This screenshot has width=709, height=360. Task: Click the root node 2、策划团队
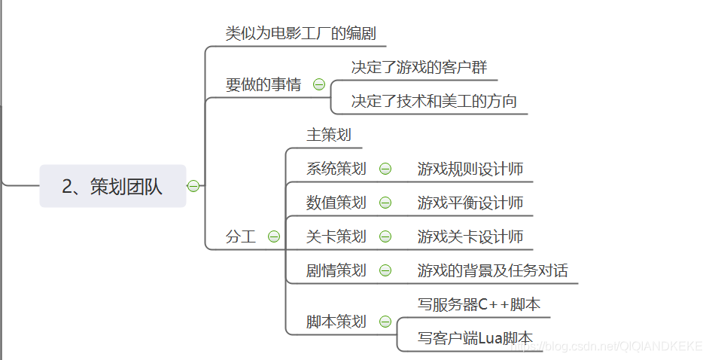point(112,186)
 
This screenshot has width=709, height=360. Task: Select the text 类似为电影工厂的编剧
point(300,34)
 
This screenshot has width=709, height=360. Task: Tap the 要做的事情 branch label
point(263,85)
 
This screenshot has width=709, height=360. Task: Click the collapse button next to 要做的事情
point(319,85)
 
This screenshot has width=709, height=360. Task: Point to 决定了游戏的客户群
point(419,67)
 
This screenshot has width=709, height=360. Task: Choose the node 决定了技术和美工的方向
point(434,101)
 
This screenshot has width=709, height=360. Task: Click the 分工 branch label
point(241,236)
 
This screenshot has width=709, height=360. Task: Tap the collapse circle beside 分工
point(274,236)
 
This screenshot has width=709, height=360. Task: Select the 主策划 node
point(329,135)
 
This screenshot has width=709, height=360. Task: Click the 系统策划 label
point(336,169)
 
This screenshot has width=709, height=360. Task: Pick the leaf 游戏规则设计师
point(470,169)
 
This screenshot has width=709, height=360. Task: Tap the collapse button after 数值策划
point(385,203)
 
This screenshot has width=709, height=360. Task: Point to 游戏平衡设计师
point(470,203)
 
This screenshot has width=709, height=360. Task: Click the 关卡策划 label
point(336,236)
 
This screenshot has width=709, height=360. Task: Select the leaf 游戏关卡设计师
point(470,236)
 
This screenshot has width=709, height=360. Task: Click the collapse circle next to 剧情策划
point(385,270)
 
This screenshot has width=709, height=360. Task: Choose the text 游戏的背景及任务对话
point(493,270)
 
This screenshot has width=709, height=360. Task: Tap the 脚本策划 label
point(336,322)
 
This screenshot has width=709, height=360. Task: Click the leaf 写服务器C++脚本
point(479,304)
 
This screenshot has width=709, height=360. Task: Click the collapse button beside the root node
point(193,186)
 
